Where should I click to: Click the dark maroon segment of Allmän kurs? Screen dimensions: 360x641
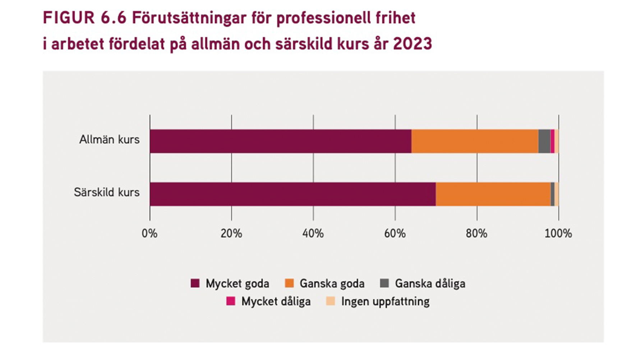pos(280,141)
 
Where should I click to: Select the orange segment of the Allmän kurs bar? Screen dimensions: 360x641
pos(475,141)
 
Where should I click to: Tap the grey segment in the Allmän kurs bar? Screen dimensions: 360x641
pos(544,141)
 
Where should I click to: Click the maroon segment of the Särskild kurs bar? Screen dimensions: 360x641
pos(292,194)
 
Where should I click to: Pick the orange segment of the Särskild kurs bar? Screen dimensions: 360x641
pos(493,194)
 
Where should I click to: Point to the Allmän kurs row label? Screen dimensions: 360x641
pos(109,139)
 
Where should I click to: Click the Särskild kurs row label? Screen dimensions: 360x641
pos(107,192)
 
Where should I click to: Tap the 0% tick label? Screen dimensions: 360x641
pos(149,234)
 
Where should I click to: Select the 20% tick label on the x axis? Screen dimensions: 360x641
pos(231,234)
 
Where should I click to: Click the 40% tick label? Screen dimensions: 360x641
pos(313,234)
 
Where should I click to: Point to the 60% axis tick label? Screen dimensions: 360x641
pos(395,234)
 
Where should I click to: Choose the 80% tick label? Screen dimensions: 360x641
pos(476,234)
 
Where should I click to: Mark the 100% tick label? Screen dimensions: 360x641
pos(558,234)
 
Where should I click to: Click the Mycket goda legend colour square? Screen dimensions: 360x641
pos(195,283)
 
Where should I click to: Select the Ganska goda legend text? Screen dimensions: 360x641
pos(332,283)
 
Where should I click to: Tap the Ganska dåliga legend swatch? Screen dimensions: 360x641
pos(384,283)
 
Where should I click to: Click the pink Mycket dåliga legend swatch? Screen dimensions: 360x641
pos(231,301)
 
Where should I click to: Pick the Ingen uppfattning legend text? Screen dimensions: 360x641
pos(385,301)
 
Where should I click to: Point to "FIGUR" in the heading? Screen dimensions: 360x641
pos(69,18)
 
